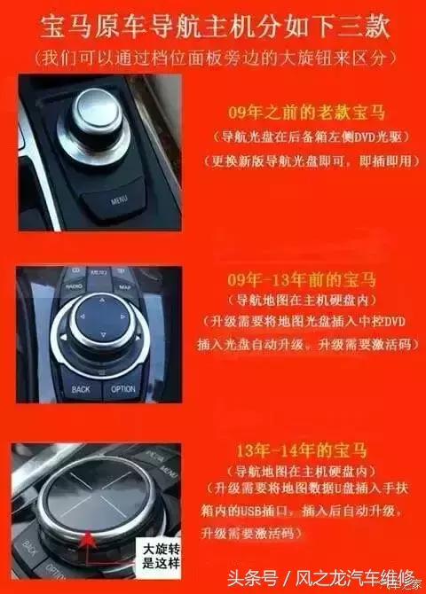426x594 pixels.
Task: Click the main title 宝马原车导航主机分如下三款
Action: click(213, 27)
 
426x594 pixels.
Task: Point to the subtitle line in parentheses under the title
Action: click(213, 58)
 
